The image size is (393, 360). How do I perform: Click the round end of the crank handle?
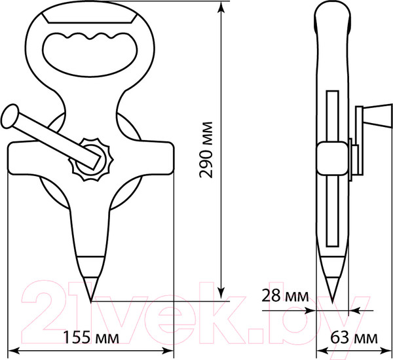(10, 118)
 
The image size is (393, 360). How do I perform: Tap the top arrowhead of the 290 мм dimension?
(223, 7)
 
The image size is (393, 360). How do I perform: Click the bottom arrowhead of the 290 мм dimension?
(223, 295)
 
